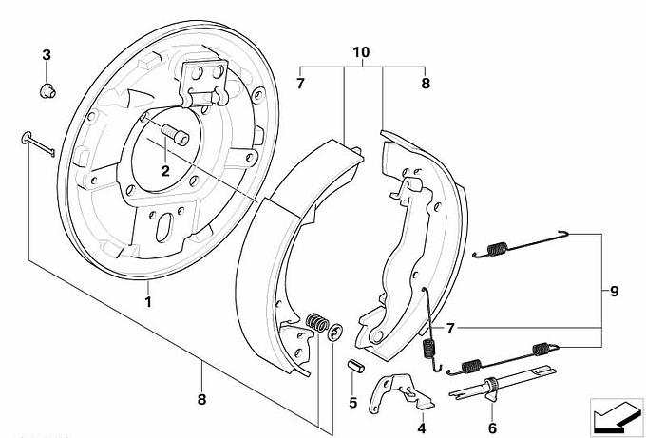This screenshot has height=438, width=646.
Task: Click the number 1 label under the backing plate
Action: (x=147, y=302)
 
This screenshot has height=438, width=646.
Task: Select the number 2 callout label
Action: (x=164, y=171)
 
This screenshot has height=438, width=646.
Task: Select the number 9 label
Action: (x=614, y=292)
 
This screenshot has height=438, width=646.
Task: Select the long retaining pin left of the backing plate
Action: (x=36, y=143)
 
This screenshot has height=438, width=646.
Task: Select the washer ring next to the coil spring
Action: (x=335, y=332)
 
